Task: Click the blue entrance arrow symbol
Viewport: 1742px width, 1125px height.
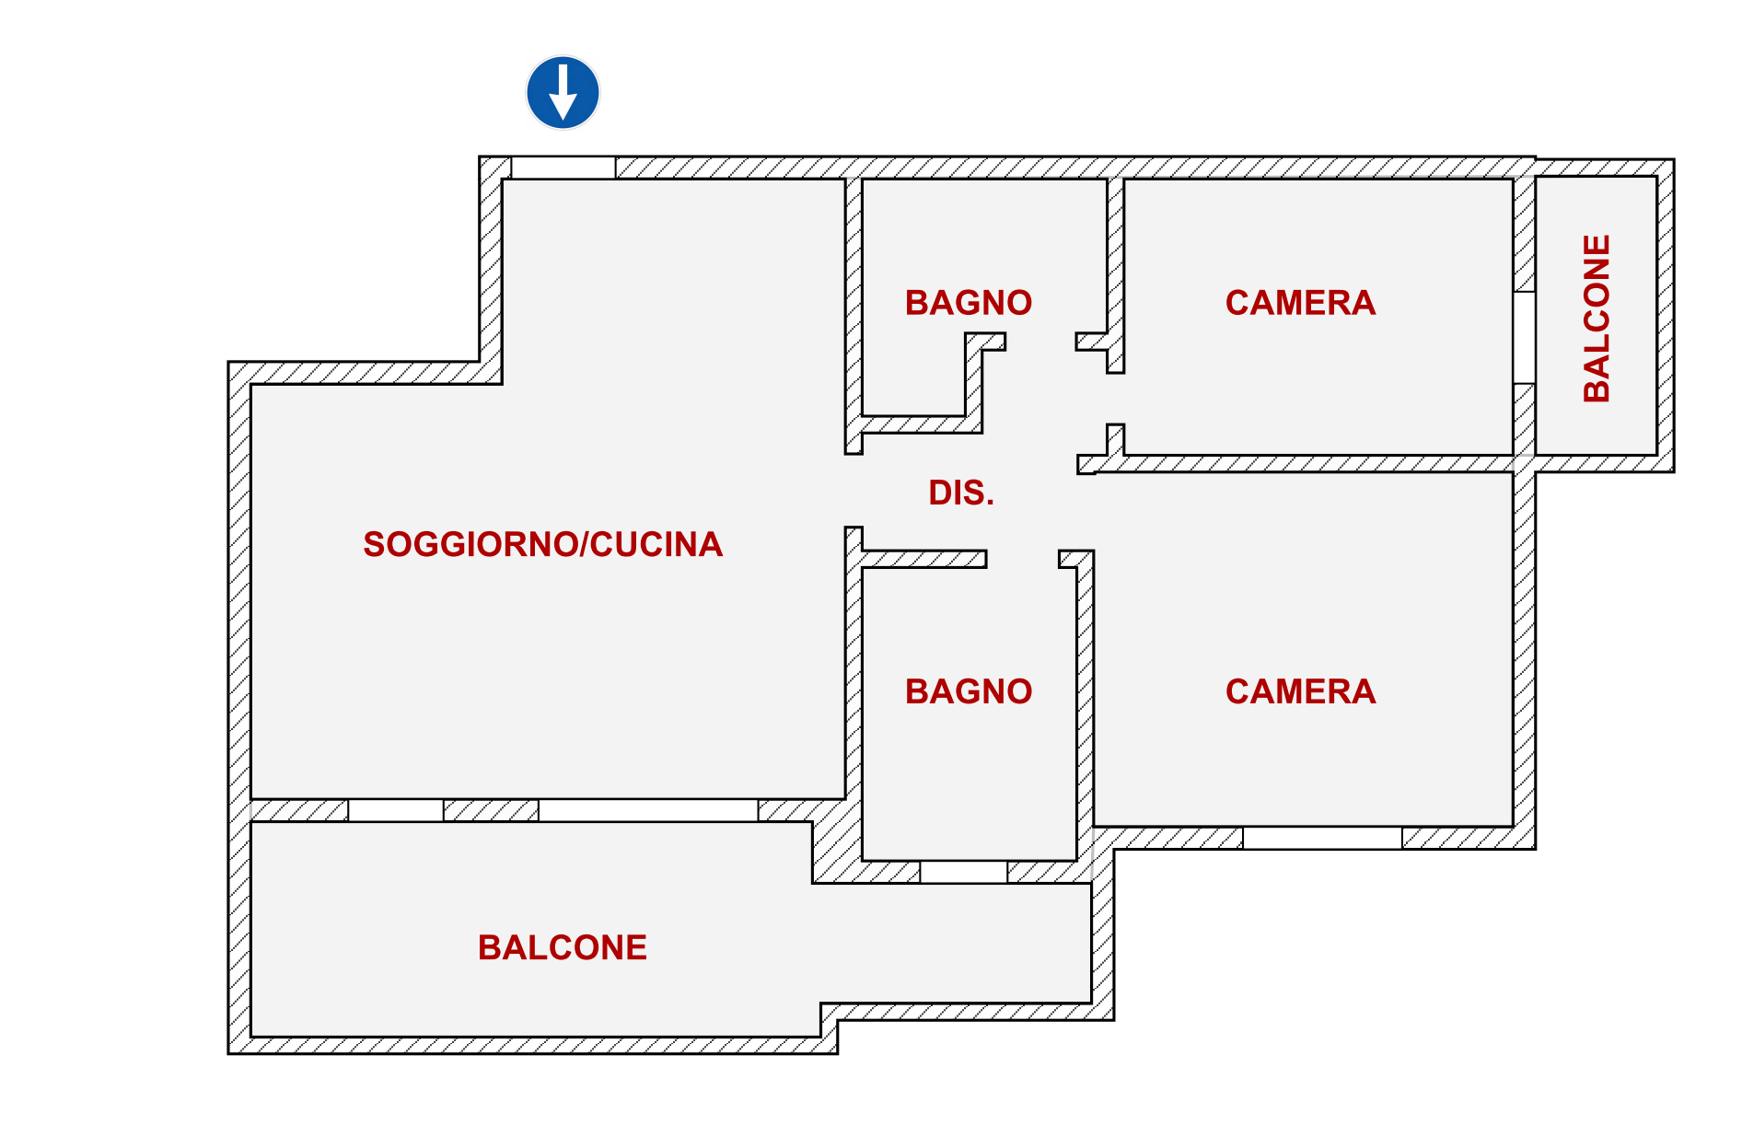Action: coord(563,92)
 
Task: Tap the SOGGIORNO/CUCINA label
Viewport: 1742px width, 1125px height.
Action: coord(542,544)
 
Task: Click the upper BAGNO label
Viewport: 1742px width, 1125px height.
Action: coord(968,303)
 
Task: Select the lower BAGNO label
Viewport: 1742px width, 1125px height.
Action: coord(968,691)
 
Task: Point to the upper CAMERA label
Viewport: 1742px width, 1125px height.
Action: coord(1299,303)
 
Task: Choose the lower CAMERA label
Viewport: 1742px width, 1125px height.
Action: coord(1299,691)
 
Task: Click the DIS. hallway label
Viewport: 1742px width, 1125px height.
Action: coord(960,493)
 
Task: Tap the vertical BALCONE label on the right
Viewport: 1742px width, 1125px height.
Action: coord(1597,318)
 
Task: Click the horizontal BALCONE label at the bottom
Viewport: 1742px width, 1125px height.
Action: coord(562,947)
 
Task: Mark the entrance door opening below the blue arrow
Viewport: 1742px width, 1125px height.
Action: coord(563,168)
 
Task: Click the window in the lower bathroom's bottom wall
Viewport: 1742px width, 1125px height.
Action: coord(963,872)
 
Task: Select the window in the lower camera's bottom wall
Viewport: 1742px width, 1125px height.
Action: coord(1322,838)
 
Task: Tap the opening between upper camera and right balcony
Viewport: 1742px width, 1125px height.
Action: coord(1524,337)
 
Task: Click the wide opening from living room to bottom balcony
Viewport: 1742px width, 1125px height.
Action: coord(648,810)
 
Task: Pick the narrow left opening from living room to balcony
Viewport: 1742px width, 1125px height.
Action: coord(395,810)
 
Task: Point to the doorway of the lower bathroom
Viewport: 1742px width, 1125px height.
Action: coord(1022,559)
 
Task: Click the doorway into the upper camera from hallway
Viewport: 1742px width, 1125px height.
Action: coord(1115,398)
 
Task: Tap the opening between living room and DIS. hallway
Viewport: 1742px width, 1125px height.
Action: coord(854,491)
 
